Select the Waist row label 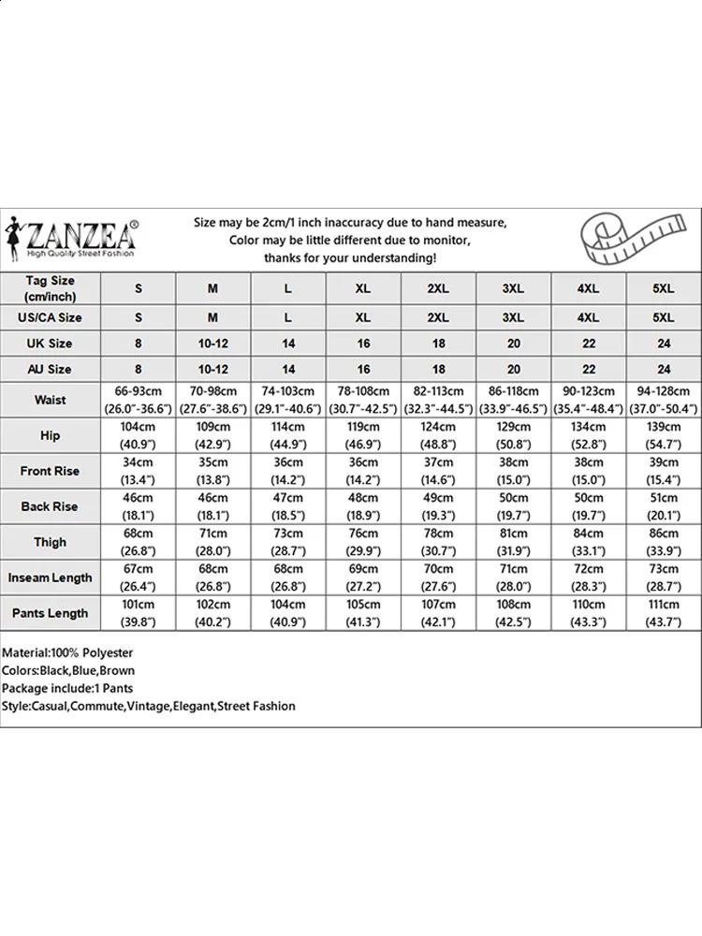51,400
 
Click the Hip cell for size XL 363,435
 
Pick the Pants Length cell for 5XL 664,613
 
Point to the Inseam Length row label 51,578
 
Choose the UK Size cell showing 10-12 213,344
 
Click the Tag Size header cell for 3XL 513,289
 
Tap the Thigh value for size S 139,542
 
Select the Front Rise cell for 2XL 438,471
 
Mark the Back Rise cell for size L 288,506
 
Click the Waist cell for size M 213,400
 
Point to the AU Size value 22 589,370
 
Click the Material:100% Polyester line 67,652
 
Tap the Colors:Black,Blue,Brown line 68,670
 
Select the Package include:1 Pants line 67,688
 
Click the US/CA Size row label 51,318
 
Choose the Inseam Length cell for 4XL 589,578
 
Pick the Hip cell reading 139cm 664,435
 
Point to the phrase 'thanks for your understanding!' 350,257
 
